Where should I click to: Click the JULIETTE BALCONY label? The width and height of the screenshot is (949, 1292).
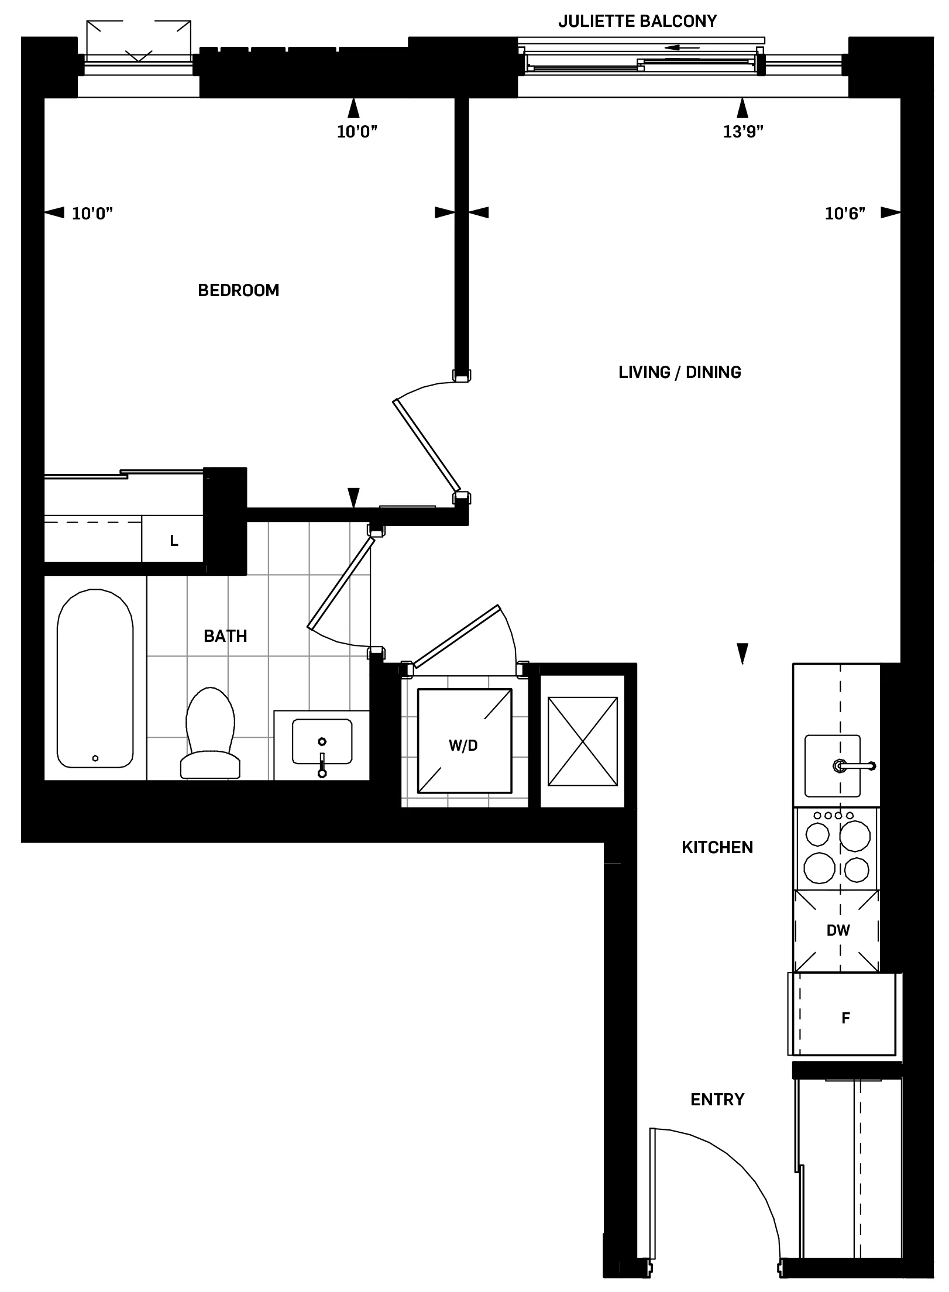coord(637,22)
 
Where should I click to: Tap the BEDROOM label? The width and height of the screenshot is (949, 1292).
coord(238,290)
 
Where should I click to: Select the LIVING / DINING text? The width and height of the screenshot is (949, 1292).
coord(679,372)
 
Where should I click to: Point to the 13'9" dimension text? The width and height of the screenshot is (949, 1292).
coord(743,132)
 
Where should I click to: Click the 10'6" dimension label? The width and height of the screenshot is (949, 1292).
coord(844,214)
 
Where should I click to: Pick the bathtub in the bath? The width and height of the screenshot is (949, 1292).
coord(95,679)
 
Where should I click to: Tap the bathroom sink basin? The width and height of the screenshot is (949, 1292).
coord(322,741)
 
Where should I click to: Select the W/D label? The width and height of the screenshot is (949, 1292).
coord(463,745)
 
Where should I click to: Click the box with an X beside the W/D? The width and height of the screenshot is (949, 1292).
coord(582,741)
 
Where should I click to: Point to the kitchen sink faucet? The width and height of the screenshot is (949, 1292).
coord(855,765)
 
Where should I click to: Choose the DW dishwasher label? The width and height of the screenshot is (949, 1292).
coord(838,930)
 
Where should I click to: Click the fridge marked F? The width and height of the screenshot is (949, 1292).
coord(845,1018)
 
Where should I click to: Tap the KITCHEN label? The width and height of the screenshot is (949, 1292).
coord(717,847)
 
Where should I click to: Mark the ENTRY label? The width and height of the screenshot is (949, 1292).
coord(717,1099)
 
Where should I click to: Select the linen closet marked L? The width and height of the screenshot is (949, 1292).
coord(174,541)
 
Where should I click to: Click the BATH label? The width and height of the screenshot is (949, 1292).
coord(225,636)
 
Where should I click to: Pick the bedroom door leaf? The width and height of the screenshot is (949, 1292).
coord(426,445)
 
